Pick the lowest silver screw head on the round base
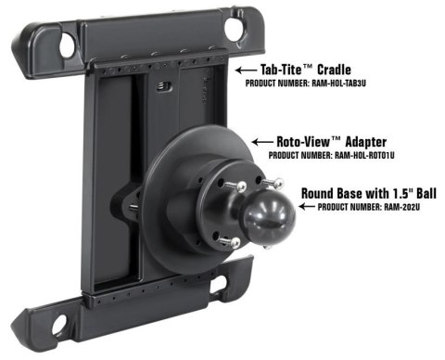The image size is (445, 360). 235,242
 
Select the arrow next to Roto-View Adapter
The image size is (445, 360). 263,142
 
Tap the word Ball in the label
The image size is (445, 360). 426,193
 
